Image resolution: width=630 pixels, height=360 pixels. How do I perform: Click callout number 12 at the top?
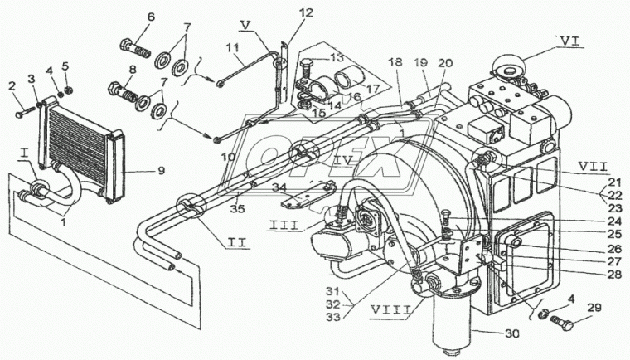click(x=284, y=13)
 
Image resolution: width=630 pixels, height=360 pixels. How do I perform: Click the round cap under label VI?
click(x=507, y=65)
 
